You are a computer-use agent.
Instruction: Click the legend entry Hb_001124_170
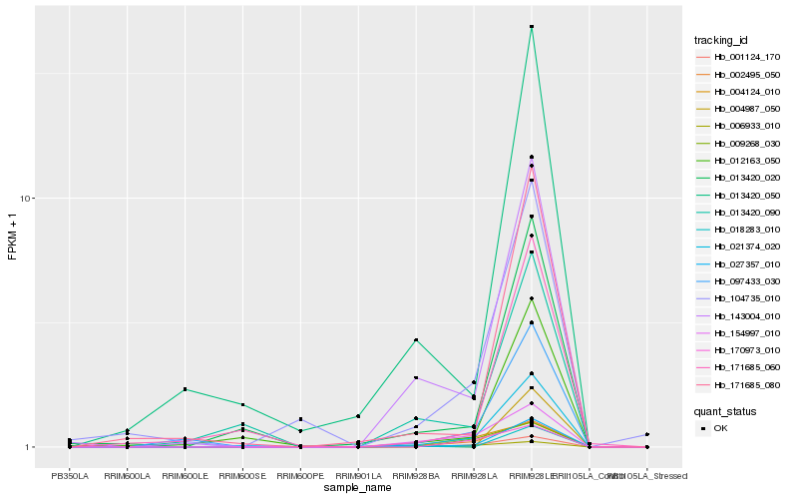(746, 57)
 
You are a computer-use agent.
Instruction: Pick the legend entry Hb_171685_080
(746, 384)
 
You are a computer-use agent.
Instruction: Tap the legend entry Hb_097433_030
(746, 281)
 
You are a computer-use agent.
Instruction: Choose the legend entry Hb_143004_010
(746, 315)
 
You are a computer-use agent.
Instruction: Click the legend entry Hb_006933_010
(746, 126)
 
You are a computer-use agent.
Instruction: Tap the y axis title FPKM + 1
(13, 238)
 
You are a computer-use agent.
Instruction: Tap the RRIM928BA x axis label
(416, 476)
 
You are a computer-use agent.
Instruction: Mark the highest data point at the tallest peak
(532, 27)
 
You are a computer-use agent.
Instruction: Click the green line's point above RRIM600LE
(186, 389)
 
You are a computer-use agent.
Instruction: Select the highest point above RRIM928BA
(416, 340)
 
